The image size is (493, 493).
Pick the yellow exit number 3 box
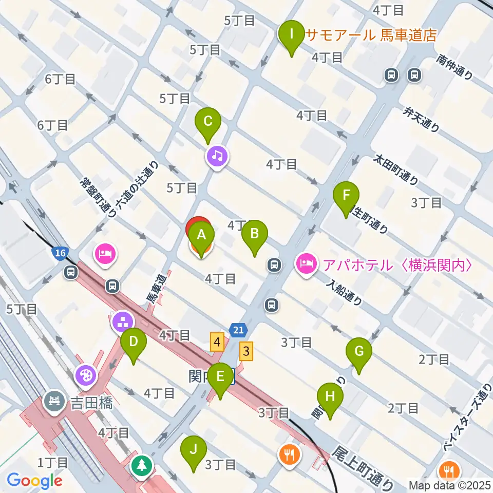[x=247, y=352]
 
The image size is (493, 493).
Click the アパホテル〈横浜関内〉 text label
[x=397, y=265]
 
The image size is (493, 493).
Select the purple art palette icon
[x=86, y=375]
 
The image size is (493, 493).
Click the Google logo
[x=34, y=481]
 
